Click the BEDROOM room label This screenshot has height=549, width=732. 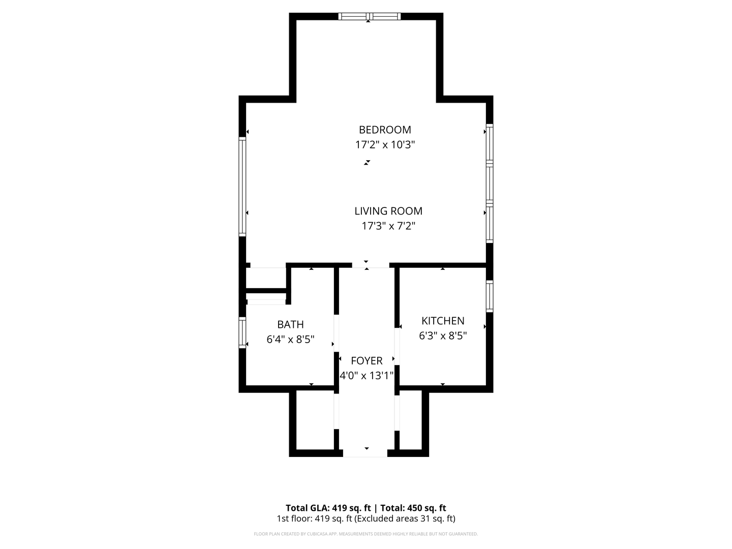point(385,130)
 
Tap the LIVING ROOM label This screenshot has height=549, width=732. point(388,211)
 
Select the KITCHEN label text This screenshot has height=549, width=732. point(443,321)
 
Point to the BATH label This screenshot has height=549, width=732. point(290,324)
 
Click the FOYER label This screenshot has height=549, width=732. point(367,361)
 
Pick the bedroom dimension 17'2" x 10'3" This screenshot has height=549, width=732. point(385,145)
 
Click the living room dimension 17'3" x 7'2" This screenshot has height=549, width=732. point(388,226)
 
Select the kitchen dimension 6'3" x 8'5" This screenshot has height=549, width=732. point(443,336)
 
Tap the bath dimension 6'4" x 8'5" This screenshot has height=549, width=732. point(290,340)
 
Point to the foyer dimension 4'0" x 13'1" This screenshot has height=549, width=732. point(367,376)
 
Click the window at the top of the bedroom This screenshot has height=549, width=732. point(370,16)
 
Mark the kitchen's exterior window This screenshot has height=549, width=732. point(490,296)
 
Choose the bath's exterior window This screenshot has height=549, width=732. point(242,332)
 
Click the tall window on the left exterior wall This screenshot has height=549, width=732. point(242,186)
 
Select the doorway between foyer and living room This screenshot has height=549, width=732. point(370,265)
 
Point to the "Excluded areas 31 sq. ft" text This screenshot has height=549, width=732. point(405,519)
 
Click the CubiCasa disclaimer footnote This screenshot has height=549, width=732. point(366,534)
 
